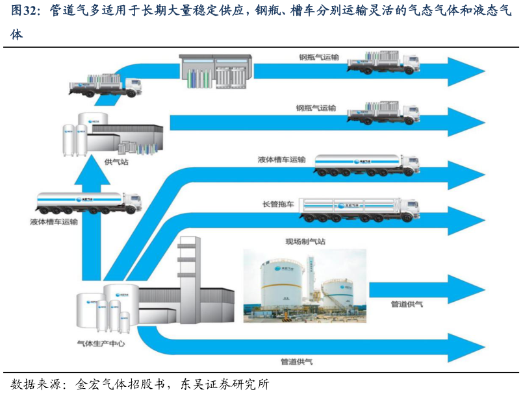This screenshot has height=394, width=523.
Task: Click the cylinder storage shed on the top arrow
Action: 215,71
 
